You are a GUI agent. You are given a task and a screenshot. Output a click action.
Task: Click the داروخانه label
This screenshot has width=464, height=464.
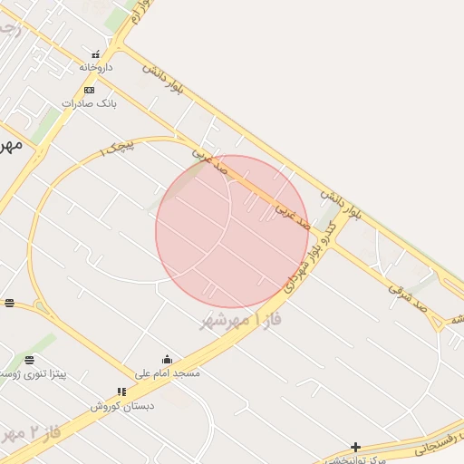point(95,67)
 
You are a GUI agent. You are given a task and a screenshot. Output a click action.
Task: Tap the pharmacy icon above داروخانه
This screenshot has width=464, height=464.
point(96,54)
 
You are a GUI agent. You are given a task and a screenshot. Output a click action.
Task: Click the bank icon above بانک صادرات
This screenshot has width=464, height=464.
point(89,90)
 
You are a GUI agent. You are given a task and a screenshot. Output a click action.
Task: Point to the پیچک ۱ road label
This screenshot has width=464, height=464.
point(116,146)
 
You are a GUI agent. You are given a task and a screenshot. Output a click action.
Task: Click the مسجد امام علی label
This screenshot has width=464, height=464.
point(168,372)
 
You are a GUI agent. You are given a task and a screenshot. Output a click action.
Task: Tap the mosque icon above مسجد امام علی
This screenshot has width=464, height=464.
point(167,360)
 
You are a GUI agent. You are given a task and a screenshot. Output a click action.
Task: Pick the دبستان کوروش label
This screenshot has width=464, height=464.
point(121,405)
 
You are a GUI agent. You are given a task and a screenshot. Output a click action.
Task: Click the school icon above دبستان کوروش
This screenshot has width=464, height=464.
point(121,391)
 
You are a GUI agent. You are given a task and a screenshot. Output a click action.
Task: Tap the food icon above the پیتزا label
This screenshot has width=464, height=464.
point(30,360)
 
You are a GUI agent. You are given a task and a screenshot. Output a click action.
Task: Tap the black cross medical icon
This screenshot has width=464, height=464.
point(356,447)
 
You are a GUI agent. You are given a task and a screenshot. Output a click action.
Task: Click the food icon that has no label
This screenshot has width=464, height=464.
point(9,303)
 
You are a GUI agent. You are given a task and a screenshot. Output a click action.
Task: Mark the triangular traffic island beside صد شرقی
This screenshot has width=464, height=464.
point(438,323)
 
